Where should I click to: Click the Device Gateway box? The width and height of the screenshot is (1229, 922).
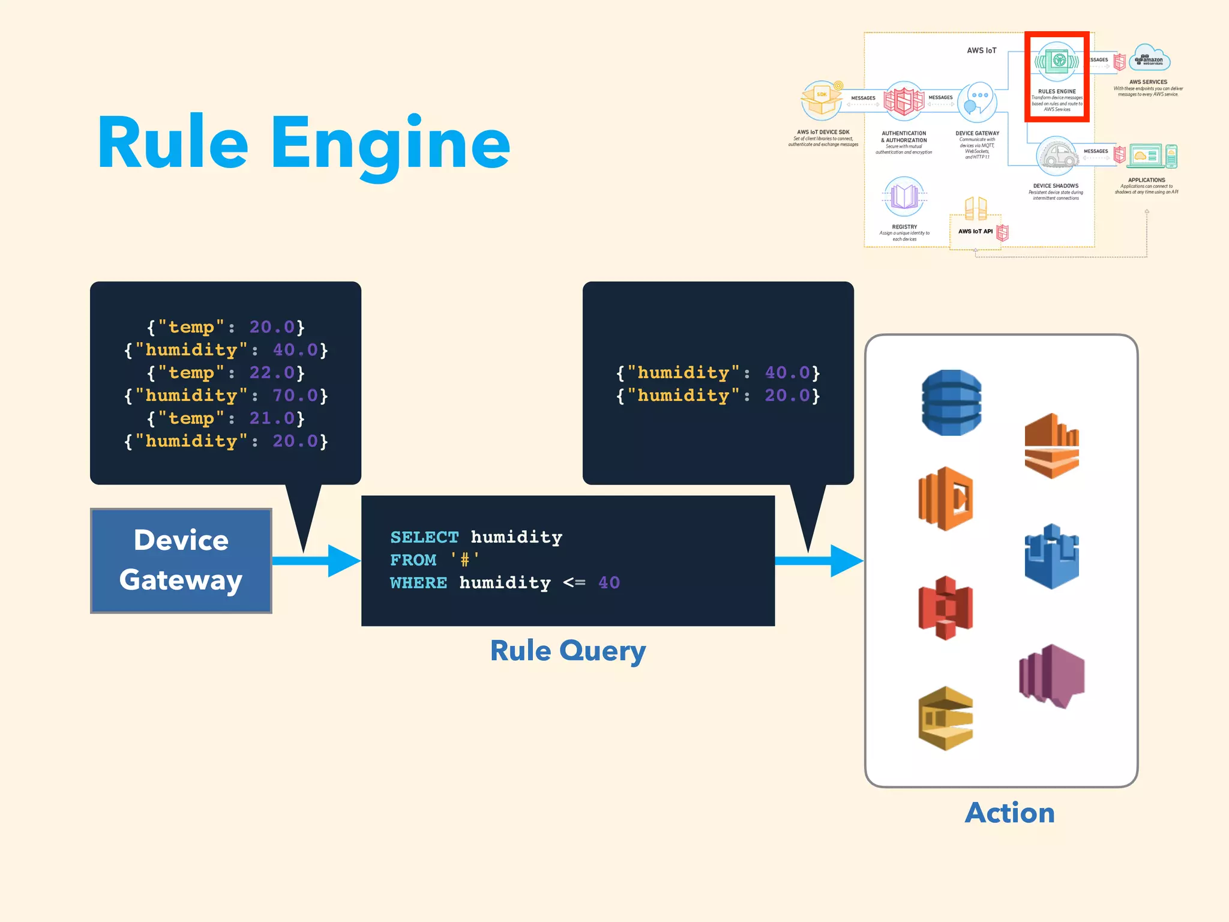pyautogui.click(x=181, y=560)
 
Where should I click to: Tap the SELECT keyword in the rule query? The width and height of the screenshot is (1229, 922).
pyautogui.click(x=424, y=537)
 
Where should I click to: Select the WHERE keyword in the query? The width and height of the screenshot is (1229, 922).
pyautogui.click(x=418, y=582)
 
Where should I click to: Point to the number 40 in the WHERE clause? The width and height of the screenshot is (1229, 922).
pyautogui.click(x=608, y=582)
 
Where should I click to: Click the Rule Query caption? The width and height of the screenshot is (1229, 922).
pyautogui.click(x=568, y=651)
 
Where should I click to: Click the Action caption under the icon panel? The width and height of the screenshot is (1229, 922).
pyautogui.click(x=1009, y=813)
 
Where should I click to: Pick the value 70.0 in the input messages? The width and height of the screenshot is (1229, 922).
pyautogui.click(x=295, y=396)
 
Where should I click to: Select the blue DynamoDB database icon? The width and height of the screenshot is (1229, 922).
pyautogui.click(x=951, y=403)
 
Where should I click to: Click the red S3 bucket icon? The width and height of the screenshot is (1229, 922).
pyautogui.click(x=945, y=607)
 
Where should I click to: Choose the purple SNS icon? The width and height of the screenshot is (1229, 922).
pyautogui.click(x=1051, y=676)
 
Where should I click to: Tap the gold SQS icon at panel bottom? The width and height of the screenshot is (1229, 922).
pyautogui.click(x=945, y=719)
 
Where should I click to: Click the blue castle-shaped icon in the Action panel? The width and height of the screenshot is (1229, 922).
pyautogui.click(x=1051, y=556)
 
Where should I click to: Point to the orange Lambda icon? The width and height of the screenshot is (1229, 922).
pyautogui.click(x=945, y=499)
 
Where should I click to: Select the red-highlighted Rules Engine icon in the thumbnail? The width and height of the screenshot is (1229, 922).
pyautogui.click(x=1057, y=61)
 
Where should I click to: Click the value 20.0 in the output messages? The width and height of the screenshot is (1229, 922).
pyautogui.click(x=787, y=396)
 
